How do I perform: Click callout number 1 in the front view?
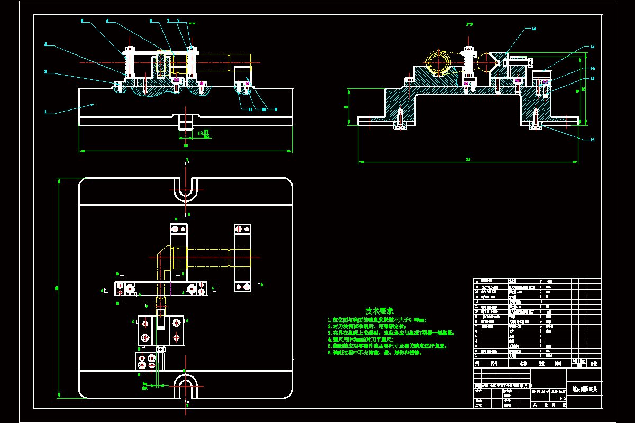pyautogui.click(x=46, y=112)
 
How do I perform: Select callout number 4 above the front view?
pyautogui.click(x=82, y=21)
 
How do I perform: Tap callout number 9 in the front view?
pyautogui.click(x=276, y=109)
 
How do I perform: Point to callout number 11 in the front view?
pyautogui.click(x=250, y=109)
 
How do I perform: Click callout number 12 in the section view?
pyautogui.click(x=533, y=29)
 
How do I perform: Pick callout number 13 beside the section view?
pyautogui.click(x=592, y=47)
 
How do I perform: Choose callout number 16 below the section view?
pyautogui.click(x=592, y=140)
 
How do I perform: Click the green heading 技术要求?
pyautogui.click(x=379, y=311)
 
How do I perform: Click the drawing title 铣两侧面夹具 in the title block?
pyautogui.click(x=584, y=389)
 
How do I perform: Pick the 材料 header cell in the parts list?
pyautogui.click(x=558, y=364)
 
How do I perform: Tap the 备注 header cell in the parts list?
pyautogui.click(x=594, y=364)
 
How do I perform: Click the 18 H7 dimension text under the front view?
pyautogui.click(x=203, y=134)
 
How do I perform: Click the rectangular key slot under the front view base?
pyautogui.click(x=186, y=123)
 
